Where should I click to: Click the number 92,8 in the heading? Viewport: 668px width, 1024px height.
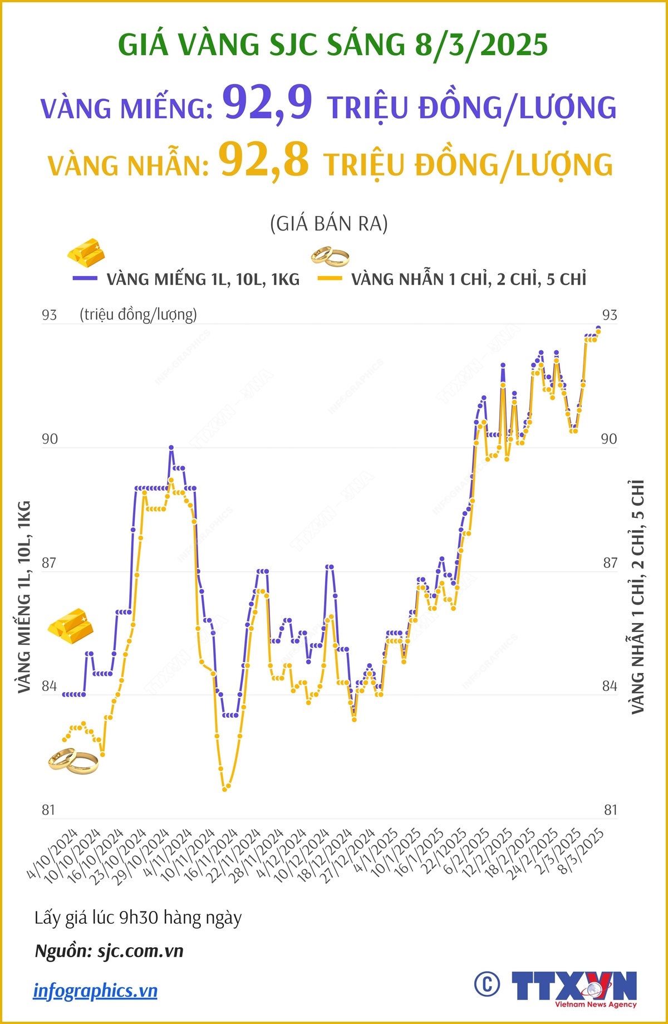coord(264,160)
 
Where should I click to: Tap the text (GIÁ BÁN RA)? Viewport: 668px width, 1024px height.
coord(328,224)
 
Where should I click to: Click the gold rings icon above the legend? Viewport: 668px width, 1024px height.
coord(330,257)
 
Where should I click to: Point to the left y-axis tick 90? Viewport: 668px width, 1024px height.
coord(50,439)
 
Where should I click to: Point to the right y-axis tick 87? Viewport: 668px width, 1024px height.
coord(610,563)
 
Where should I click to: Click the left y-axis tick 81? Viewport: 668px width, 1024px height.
coord(49,810)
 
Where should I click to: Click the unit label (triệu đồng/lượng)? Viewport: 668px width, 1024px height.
coord(138,315)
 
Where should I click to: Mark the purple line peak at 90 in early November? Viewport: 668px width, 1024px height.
coord(171,447)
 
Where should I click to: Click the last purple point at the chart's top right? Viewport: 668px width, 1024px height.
coord(598,328)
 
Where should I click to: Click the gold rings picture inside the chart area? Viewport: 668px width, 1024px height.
coord(73,761)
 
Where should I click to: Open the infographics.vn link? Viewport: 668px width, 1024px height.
coord(95,991)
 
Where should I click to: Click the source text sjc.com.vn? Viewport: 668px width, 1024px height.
coord(140,951)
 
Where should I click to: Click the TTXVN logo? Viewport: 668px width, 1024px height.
coord(573,987)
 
